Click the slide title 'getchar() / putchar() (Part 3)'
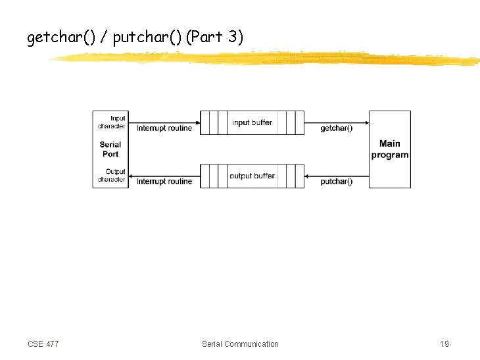tap(135, 38)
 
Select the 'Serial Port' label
tap(110, 149)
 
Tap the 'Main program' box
tap(390, 149)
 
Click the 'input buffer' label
tap(252, 122)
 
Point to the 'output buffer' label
tap(252, 176)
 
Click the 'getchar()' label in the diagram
tap(336, 128)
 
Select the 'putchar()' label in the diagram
tap(336, 182)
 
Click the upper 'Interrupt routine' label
tap(164, 128)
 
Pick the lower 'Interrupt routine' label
tap(164, 182)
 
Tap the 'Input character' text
tap(112, 122)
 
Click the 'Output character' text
tap(112, 176)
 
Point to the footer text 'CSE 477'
tap(43, 344)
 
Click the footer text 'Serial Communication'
tap(240, 344)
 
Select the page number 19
tap(444, 344)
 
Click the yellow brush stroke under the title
tap(263, 59)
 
